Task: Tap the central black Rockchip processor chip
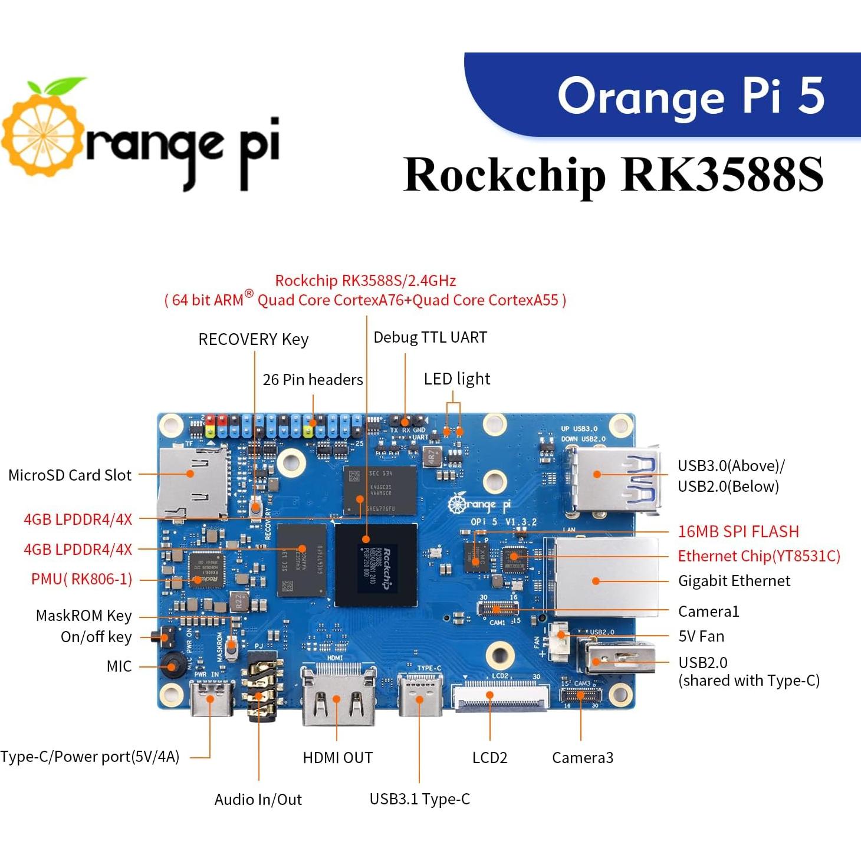point(376,564)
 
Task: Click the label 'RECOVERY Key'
point(253,340)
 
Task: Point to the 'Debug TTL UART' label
point(430,337)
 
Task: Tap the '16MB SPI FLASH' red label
point(738,531)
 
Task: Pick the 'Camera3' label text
point(582,758)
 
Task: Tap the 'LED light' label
point(456,379)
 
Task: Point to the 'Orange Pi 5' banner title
point(690,96)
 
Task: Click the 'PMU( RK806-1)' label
point(81,579)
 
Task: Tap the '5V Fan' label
point(701,636)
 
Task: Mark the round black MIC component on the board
point(172,666)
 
